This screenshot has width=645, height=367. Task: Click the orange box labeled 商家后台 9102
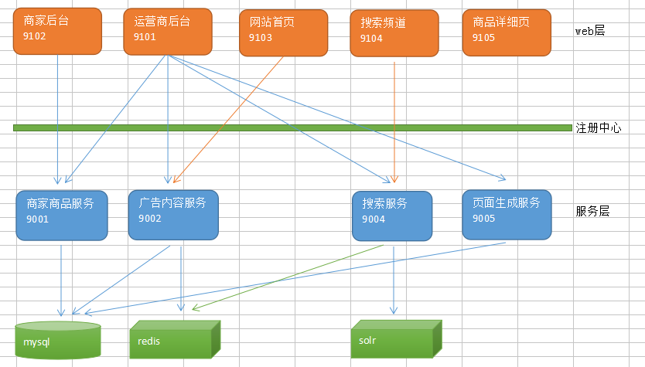[x=57, y=31]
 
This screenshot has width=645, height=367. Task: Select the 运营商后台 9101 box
[x=168, y=32]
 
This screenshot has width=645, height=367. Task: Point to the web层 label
[x=589, y=31]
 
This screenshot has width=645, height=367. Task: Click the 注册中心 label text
[x=598, y=128]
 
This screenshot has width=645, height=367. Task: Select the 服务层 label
[x=592, y=210]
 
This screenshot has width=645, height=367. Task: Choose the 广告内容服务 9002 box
[x=173, y=214]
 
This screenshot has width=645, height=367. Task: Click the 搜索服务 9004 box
[x=391, y=215]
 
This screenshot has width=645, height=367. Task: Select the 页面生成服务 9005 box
[x=507, y=214]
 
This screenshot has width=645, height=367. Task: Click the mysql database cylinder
[x=58, y=340]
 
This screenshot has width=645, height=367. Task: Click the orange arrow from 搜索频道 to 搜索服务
[x=395, y=116]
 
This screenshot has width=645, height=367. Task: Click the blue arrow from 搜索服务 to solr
[x=394, y=278]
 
